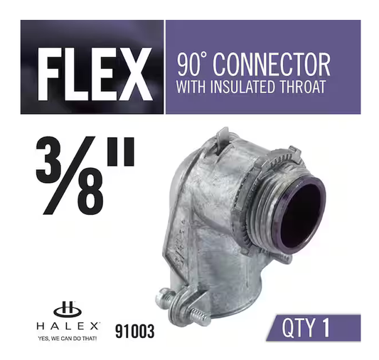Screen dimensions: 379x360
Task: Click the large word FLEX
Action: (x=95, y=74)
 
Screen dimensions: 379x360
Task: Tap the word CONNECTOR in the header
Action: (x=272, y=65)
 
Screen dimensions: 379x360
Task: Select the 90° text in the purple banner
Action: (x=192, y=65)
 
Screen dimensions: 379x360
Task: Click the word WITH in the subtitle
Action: (x=191, y=87)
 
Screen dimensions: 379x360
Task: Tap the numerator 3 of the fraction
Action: (x=48, y=160)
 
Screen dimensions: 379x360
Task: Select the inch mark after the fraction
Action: (x=121, y=152)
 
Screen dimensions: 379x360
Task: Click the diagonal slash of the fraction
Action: (x=69, y=176)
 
